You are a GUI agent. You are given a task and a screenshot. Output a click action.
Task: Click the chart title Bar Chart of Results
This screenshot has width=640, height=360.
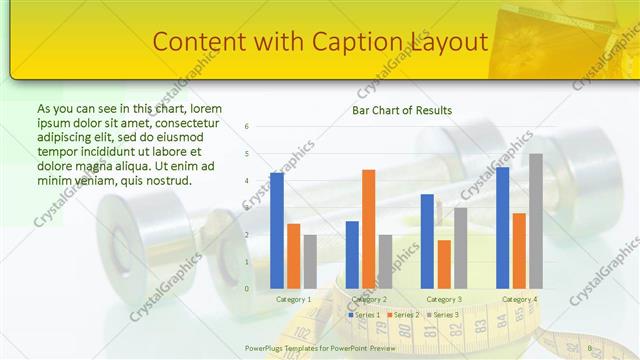[402, 110]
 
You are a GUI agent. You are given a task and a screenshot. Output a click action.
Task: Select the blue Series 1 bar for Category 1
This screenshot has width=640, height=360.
[277, 230]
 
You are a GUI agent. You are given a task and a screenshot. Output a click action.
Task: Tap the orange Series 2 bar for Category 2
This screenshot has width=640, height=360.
[369, 229]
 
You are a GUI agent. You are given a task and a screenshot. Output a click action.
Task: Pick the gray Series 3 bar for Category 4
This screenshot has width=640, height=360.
[536, 221]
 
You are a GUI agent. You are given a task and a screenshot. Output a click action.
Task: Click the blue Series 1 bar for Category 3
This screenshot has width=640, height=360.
[427, 241]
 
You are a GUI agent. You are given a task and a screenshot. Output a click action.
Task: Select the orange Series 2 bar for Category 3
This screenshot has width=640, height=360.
[444, 264]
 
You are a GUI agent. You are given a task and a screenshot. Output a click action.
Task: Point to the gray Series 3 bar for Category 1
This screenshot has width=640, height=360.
[310, 261]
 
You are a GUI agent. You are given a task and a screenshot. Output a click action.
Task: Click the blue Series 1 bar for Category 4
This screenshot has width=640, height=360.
[502, 227]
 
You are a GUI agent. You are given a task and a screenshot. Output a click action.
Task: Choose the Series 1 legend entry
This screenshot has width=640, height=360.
[365, 315]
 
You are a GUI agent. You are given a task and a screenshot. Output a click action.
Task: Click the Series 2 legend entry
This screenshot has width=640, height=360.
[404, 315]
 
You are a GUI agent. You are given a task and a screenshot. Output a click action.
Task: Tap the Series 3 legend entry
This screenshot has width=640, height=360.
[444, 315]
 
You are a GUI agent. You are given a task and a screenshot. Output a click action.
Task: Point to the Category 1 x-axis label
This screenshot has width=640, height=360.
[294, 299]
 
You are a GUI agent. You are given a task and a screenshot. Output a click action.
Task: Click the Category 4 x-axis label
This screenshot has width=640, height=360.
[519, 299]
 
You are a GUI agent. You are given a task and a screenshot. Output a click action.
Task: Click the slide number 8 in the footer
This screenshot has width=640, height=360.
[590, 348]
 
